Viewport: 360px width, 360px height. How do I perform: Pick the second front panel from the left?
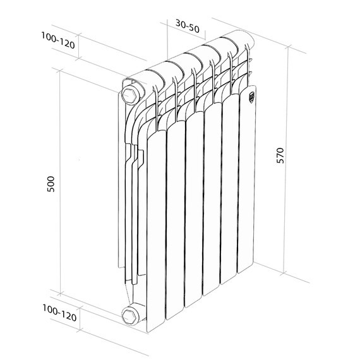[175, 221]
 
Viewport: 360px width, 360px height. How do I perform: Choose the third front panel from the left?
[194, 212]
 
